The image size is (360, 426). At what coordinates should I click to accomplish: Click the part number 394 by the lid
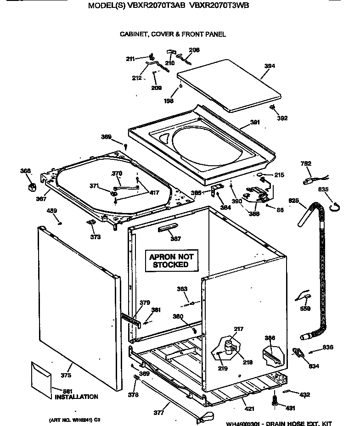(x=270, y=66)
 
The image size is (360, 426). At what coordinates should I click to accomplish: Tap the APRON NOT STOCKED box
(x=171, y=261)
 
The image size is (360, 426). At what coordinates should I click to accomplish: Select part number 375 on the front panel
(x=66, y=376)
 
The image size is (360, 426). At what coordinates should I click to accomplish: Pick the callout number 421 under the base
(x=249, y=409)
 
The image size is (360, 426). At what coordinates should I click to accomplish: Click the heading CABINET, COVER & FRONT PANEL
(x=173, y=34)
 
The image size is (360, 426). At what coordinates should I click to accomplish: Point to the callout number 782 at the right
(x=306, y=164)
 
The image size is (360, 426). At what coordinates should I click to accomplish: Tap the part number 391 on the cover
(x=255, y=123)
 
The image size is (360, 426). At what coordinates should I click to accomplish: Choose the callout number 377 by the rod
(x=158, y=413)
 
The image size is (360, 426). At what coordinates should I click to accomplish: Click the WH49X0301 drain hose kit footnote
(x=279, y=424)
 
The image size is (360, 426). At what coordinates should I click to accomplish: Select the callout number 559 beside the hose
(x=305, y=308)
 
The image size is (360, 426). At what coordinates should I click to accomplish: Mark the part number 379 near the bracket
(x=145, y=302)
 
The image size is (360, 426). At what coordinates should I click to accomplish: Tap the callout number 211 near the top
(x=131, y=58)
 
